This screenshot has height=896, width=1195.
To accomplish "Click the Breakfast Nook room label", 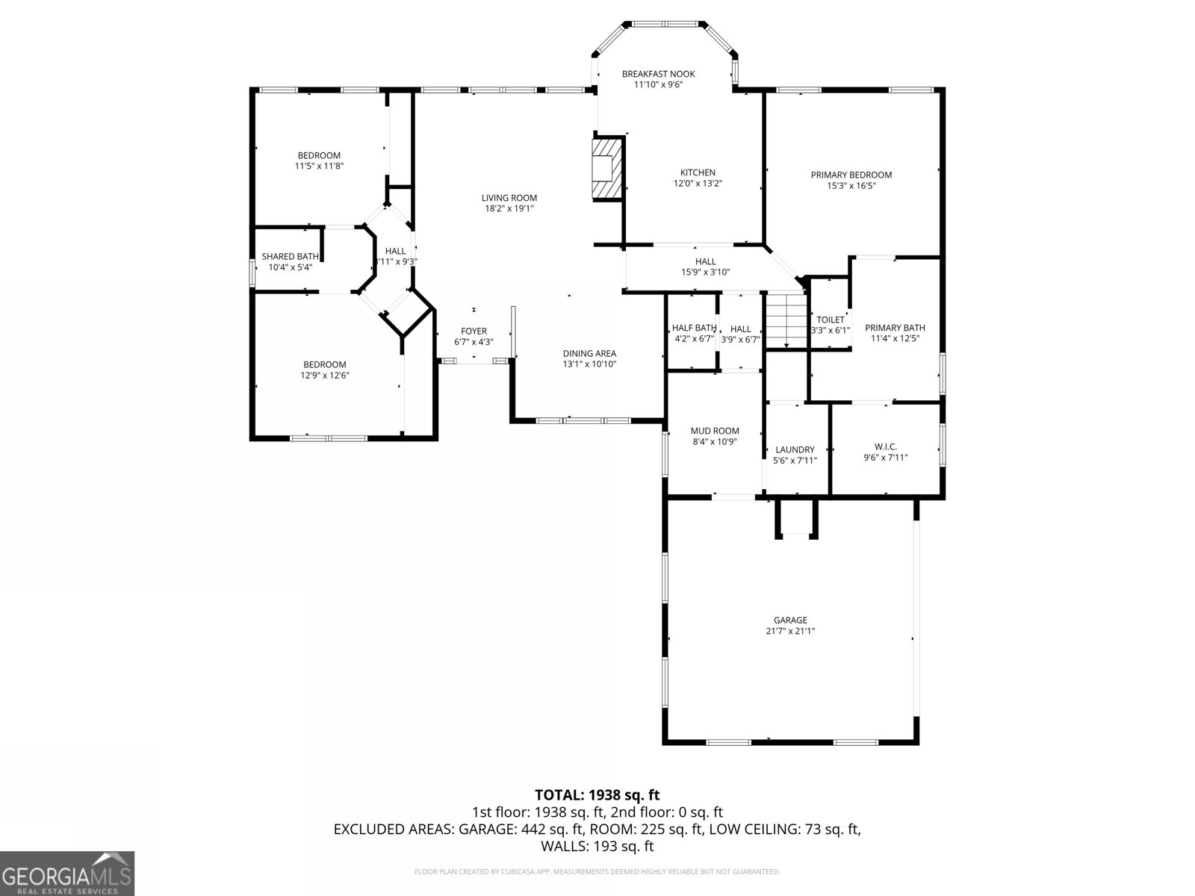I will [x=658, y=74].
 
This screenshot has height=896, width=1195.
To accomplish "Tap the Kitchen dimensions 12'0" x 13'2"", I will [x=698, y=183].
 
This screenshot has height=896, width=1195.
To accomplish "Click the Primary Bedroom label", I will [x=851, y=175].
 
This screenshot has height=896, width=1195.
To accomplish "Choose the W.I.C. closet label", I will [x=885, y=447].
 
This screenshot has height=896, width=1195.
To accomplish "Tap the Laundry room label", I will [x=795, y=449].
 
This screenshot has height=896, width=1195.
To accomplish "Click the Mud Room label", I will [x=714, y=431].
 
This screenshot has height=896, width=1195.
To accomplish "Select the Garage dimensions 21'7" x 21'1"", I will [x=790, y=631].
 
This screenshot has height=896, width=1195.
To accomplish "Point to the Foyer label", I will [x=474, y=332].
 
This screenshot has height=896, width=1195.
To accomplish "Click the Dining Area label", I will [x=589, y=354].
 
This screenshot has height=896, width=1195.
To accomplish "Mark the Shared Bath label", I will [x=290, y=256].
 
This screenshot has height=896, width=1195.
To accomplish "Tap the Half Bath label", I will [x=693, y=328].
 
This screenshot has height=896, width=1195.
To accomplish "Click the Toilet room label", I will [x=830, y=320].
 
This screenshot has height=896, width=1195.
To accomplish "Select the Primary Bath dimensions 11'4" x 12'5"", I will [x=895, y=338].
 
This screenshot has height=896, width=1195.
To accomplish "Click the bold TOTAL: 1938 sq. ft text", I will [x=597, y=795].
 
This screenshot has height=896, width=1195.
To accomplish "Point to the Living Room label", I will [x=509, y=198].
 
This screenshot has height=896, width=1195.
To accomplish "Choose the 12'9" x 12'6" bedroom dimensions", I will [x=324, y=376].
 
